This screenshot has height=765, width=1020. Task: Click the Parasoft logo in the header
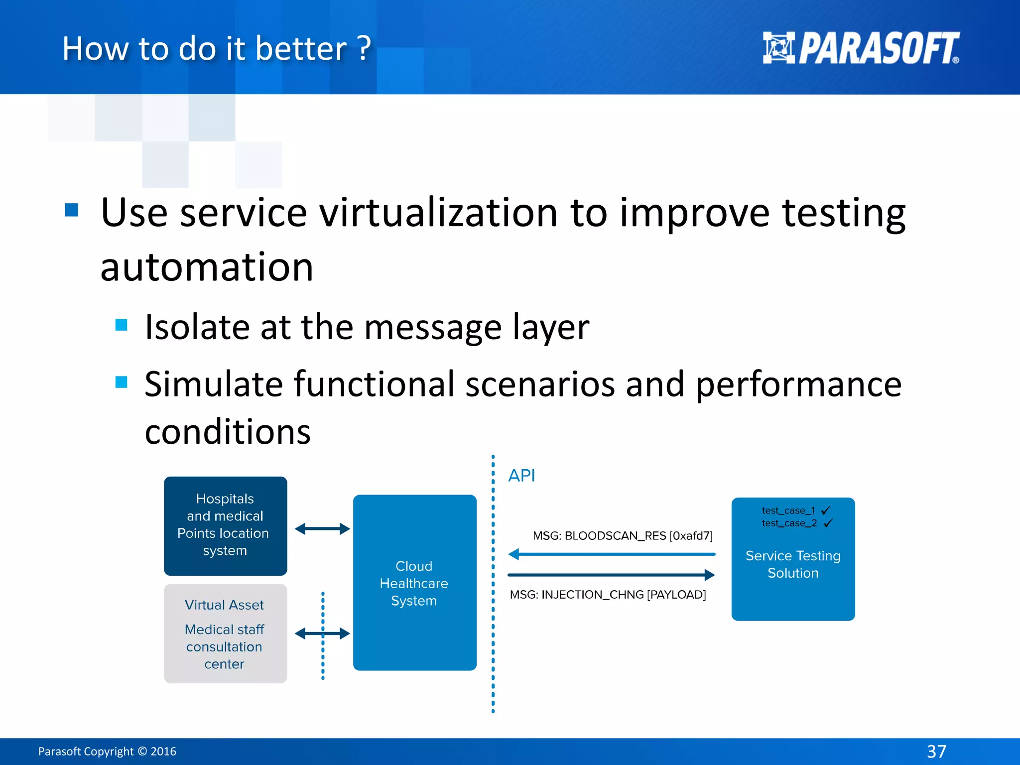tap(861, 48)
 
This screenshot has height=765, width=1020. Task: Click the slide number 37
tap(936, 751)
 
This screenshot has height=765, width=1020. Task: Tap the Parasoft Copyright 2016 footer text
tap(107, 751)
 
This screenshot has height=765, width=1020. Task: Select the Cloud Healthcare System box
tap(414, 583)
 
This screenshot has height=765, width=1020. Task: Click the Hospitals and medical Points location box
tap(225, 525)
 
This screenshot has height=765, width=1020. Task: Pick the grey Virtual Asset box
tap(225, 634)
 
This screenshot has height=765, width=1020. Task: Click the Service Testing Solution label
tap(793, 564)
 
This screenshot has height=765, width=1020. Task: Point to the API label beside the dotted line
tap(521, 476)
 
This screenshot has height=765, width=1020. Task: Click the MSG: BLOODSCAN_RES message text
tap(623, 536)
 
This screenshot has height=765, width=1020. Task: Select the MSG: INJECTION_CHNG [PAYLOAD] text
tap(608, 595)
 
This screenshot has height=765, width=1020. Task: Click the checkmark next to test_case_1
tap(826, 510)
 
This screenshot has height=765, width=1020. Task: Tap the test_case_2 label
tap(789, 523)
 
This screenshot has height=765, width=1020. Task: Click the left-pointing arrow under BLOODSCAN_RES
tap(612, 554)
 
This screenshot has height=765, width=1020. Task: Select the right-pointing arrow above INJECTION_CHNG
tap(612, 575)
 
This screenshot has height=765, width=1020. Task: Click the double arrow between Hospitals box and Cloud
tap(322, 529)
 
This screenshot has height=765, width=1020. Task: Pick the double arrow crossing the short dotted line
tap(322, 634)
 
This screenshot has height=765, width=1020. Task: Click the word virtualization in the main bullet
tap(438, 213)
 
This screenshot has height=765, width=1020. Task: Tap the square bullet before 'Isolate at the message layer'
tap(121, 325)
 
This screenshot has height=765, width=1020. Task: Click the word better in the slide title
tap(301, 49)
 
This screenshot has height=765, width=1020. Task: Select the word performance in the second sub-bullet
tap(798, 384)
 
